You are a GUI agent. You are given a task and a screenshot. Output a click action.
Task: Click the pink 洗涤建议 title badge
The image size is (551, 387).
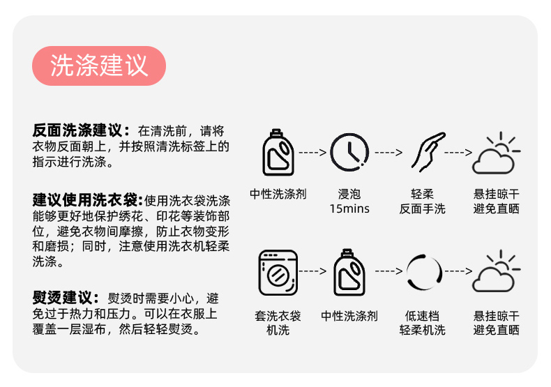(x=99, y=66)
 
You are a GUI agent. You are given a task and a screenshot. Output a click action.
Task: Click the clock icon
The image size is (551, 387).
(x=349, y=151)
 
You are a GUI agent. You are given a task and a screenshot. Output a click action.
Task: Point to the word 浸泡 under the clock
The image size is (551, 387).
(x=349, y=195)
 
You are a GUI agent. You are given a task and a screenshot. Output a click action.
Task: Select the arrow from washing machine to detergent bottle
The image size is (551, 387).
(x=313, y=271)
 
